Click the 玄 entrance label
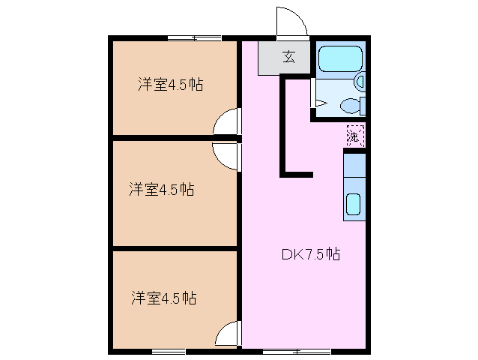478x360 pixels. point(288,55)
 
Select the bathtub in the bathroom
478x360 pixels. point(339,58)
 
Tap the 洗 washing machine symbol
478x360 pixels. point(354,136)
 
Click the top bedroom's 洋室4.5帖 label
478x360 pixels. point(170,85)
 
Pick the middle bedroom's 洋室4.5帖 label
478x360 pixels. point(161,190)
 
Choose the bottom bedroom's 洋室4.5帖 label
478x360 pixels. point(163,298)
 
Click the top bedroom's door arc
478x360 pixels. point(227,122)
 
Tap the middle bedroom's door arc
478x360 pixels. point(226,156)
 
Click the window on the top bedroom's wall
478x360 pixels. point(193,37)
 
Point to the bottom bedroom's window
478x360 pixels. point(169,350)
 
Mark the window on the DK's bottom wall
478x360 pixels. point(297,350)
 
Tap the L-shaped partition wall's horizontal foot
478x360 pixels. point(297,175)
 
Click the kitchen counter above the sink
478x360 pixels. point(354,164)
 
